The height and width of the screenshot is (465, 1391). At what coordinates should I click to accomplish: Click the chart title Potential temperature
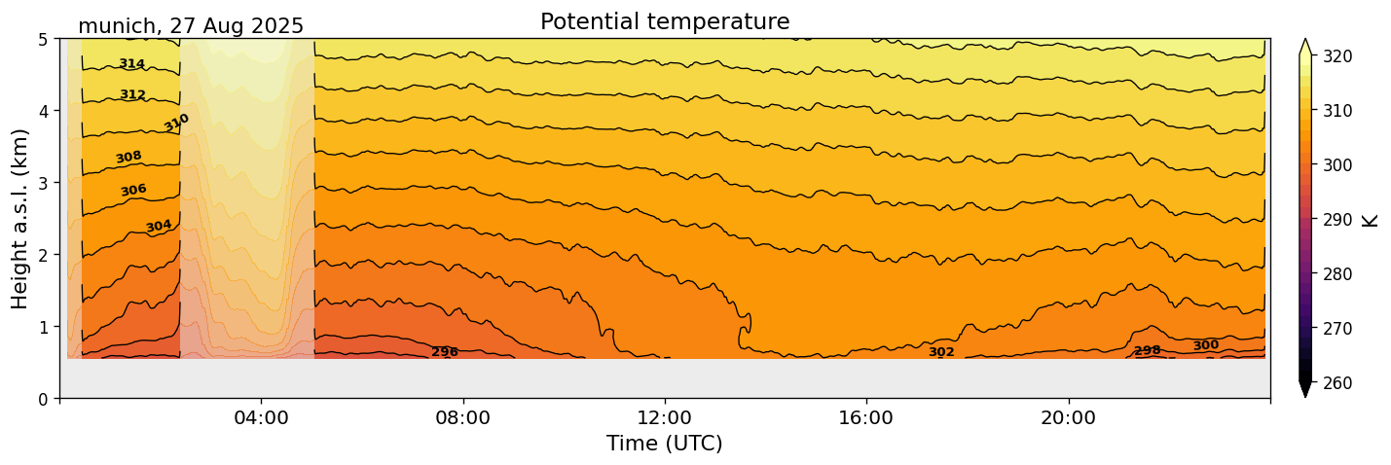(x=665, y=21)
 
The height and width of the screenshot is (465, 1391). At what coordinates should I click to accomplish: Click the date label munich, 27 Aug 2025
(x=191, y=26)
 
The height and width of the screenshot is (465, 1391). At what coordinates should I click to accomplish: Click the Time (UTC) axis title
(x=665, y=445)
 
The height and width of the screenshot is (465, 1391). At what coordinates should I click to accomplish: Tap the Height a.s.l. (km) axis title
(x=20, y=218)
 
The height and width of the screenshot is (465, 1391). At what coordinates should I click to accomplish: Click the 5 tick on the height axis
(x=45, y=40)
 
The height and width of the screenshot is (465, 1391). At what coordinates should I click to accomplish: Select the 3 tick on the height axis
(x=45, y=183)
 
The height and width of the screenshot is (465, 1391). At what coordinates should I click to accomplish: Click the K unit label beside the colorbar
(x=1371, y=220)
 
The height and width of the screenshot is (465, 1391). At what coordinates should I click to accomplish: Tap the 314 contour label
(x=131, y=64)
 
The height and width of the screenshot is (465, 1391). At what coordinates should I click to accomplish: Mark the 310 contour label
(x=176, y=123)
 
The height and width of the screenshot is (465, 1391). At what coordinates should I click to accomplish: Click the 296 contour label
(x=445, y=352)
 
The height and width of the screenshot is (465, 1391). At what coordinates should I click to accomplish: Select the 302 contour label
(x=941, y=352)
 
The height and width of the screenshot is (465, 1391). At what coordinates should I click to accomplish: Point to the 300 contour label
(x=1205, y=345)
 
